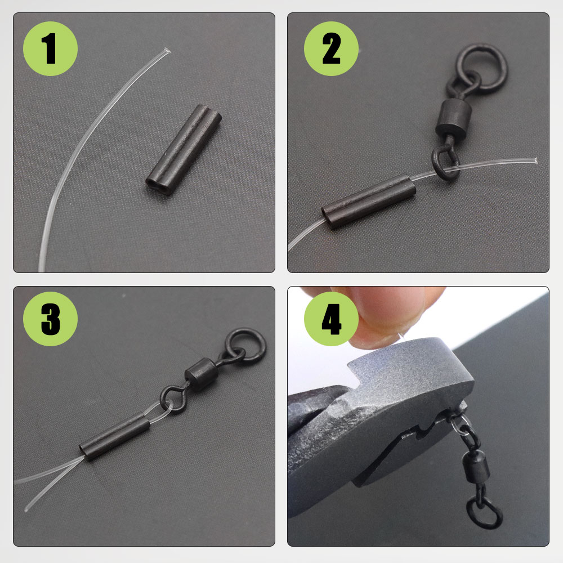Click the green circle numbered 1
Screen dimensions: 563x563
tap(50, 49)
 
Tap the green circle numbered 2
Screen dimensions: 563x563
tap(331, 49)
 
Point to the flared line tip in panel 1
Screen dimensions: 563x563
tap(164, 51)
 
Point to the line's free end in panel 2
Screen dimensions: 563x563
tap(532, 160)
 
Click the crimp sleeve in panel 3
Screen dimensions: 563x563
tap(115, 436)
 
